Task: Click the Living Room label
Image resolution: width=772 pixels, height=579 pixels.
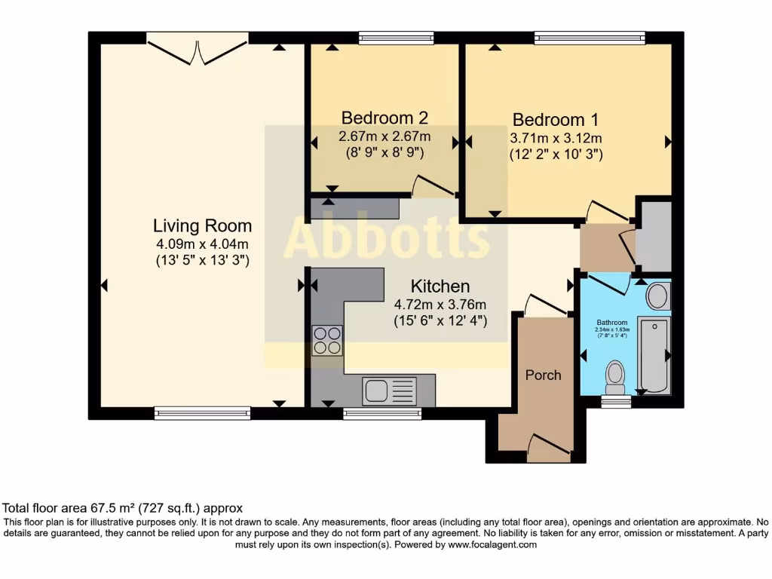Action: coord(202,225)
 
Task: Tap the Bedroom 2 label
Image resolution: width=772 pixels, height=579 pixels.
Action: coord(384,118)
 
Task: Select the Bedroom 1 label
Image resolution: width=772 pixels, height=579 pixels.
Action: coord(556,120)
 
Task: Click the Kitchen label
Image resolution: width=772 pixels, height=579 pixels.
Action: coord(440,286)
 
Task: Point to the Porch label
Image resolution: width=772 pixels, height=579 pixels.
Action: coord(543,375)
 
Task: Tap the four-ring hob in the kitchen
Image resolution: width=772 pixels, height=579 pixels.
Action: coord(327,340)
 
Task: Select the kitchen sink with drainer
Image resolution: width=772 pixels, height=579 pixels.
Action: coord(389,391)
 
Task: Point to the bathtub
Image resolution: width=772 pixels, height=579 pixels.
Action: coord(653,354)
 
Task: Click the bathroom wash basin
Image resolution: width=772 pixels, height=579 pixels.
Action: coord(657,296)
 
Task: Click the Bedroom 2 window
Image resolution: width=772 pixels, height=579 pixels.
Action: coord(396,37)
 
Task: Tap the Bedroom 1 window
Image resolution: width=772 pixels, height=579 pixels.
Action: coord(590,37)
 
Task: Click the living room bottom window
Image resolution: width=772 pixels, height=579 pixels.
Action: coord(202,412)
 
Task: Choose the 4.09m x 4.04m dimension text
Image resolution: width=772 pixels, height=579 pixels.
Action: coord(202,244)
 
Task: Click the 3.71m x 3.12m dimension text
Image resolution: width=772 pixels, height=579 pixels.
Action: coord(556,138)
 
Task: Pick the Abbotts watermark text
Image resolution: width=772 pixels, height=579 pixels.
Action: coord(386,237)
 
